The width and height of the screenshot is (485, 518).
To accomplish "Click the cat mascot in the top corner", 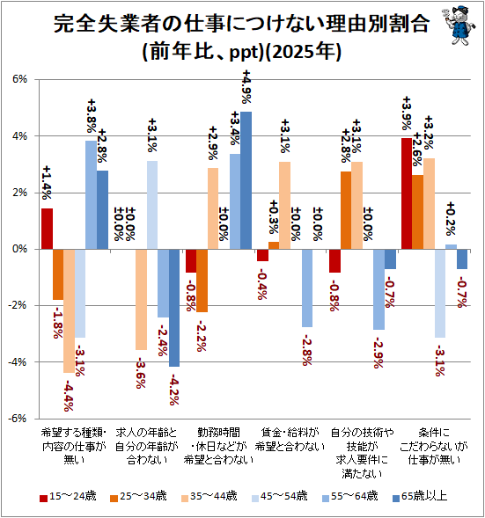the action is (x=458, y=26).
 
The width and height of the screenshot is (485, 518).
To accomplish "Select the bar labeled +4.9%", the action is (x=246, y=180).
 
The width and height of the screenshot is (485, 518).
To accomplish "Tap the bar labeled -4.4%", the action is (x=69, y=310).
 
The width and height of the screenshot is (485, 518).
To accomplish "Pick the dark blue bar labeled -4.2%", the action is (x=174, y=308).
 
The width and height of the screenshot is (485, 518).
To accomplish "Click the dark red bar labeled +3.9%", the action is (x=407, y=193).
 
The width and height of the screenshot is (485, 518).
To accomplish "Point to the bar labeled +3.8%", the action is (x=91, y=195).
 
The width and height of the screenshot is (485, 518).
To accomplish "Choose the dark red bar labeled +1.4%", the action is (x=47, y=229).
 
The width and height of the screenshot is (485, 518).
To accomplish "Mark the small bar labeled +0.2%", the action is (x=451, y=247).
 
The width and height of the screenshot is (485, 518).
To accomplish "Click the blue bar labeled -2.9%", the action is (x=378, y=289).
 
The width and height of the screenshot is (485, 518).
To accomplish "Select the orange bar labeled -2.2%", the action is (x=202, y=281).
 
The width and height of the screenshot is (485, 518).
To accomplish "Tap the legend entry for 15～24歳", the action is (x=68, y=496).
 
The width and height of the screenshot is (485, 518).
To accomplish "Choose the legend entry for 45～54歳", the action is (x=279, y=496).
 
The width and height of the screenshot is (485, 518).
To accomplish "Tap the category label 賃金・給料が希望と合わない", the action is (x=290, y=440).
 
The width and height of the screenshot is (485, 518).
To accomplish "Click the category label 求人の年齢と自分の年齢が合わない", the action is (x=146, y=446).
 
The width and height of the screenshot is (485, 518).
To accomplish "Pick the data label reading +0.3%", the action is (x=274, y=216).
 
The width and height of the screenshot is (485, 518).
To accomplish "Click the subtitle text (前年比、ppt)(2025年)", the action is (x=241, y=52).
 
